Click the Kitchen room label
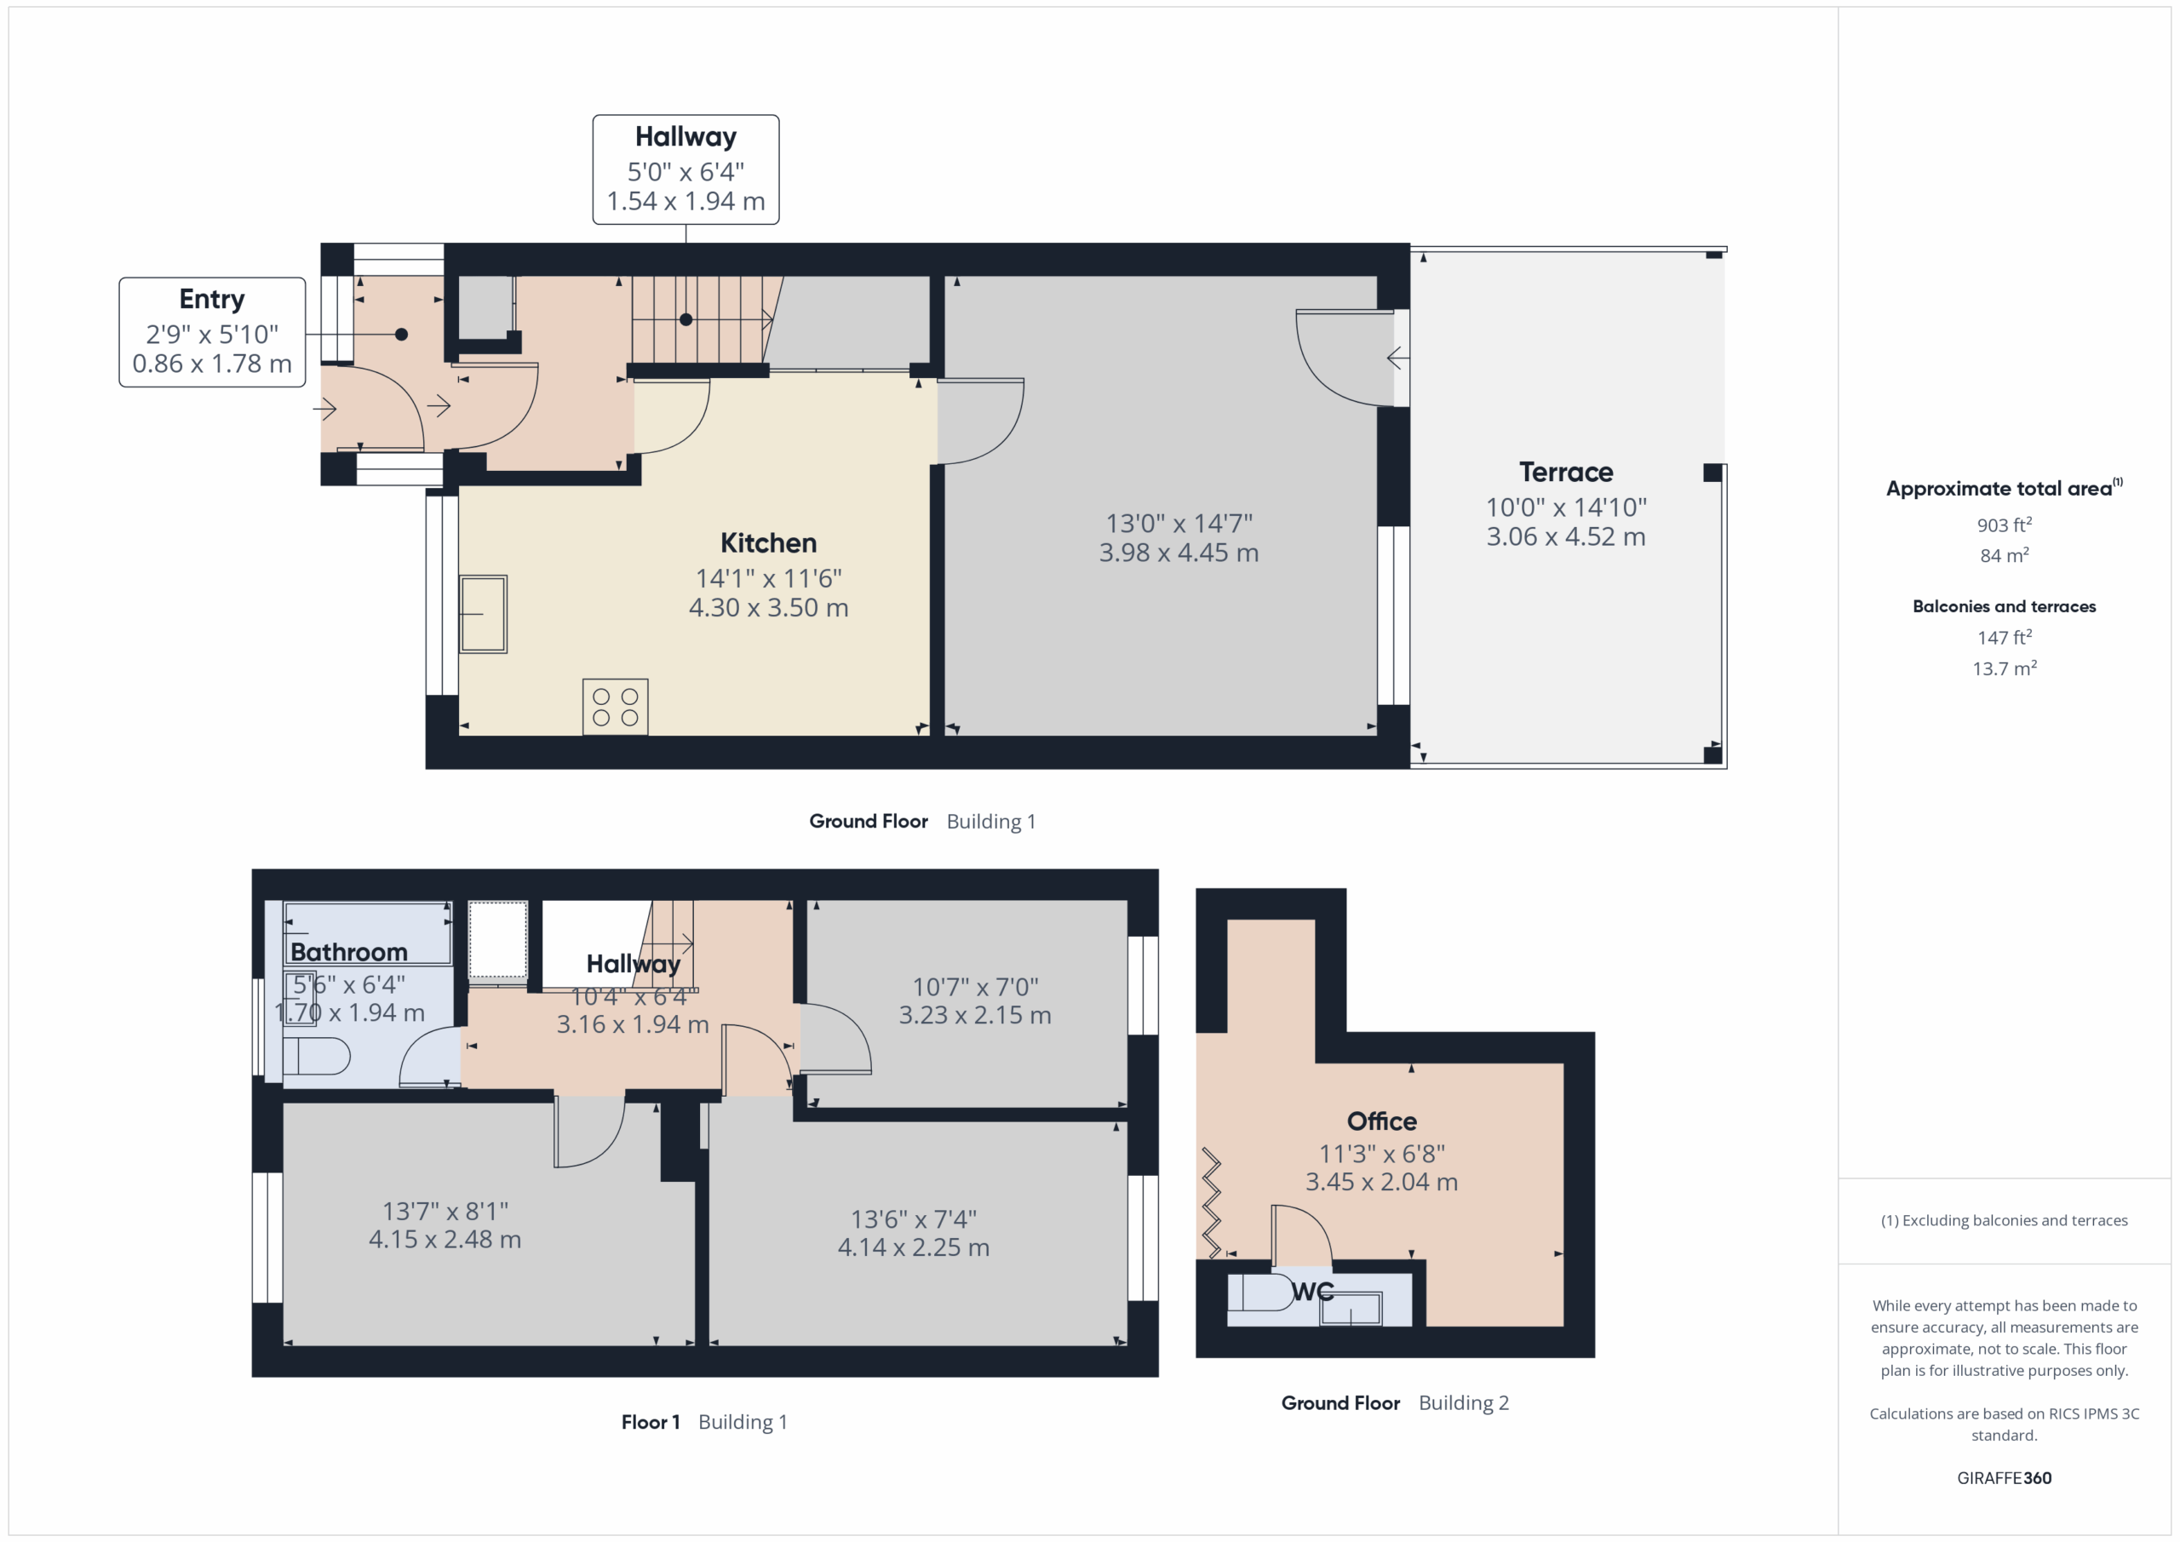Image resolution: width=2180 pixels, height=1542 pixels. click(x=768, y=543)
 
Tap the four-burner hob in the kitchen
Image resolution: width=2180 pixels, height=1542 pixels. click(x=616, y=707)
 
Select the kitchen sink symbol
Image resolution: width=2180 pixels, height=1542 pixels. click(x=484, y=615)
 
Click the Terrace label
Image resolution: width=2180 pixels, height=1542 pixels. click(x=1566, y=472)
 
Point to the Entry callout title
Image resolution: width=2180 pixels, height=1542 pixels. click(x=212, y=300)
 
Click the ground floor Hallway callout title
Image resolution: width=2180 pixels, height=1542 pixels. click(x=686, y=138)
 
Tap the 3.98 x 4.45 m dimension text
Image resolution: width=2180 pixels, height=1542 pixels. click(x=1179, y=553)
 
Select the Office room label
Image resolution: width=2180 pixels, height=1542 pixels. click(x=1381, y=1121)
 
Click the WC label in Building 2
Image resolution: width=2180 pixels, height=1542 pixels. click(x=1313, y=1292)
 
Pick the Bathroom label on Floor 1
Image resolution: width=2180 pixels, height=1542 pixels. click(x=348, y=952)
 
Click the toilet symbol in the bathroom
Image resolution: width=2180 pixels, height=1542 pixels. click(x=316, y=1056)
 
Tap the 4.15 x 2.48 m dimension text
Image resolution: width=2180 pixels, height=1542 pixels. click(x=445, y=1239)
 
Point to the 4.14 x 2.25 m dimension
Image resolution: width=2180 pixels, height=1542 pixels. click(x=914, y=1247)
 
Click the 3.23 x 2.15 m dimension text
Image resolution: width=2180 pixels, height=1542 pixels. click(x=975, y=1015)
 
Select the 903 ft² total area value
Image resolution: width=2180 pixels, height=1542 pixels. click(x=2005, y=525)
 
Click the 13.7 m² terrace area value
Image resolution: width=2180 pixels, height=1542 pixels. click(x=2005, y=668)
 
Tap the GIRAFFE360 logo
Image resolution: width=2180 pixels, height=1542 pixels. click(x=2005, y=1477)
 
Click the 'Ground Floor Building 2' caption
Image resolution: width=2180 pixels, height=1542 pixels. click(x=1395, y=1403)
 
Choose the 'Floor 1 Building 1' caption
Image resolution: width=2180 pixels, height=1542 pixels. click(x=703, y=1422)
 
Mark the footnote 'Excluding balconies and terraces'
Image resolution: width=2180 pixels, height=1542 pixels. click(x=2005, y=1220)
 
